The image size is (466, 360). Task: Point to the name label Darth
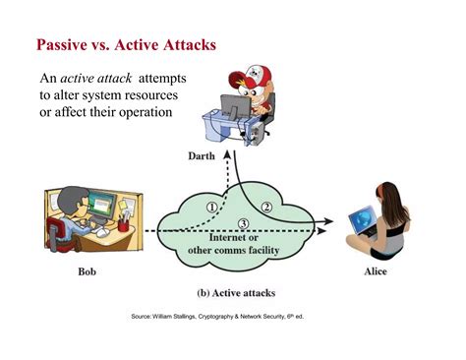click(x=204, y=156)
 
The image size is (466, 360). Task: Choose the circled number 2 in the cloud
click(x=266, y=207)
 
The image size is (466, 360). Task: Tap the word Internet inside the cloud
click(x=223, y=237)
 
